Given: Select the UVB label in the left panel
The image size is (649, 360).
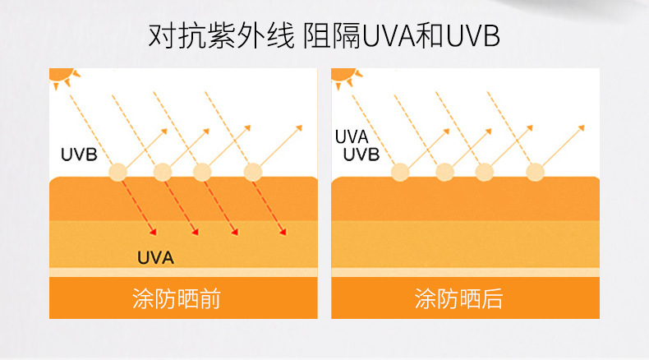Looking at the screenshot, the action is point(80,153).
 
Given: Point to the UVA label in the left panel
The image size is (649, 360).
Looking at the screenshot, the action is point(154,257).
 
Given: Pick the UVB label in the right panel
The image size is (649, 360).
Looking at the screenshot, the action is point(361,155).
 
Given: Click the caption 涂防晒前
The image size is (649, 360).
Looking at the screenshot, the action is point(177,298).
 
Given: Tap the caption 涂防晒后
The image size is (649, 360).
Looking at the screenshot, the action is point(458,298).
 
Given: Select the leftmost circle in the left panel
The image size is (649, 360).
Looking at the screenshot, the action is point(118,172).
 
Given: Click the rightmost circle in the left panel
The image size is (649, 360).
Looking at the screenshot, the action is point(252,172).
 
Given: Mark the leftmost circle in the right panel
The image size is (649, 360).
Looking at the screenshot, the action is point(400,172).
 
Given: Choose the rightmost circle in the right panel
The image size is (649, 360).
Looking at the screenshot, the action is point(535,172).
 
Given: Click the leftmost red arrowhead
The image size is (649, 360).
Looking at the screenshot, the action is point(153,233).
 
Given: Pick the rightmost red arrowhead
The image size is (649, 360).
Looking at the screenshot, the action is point(282,233).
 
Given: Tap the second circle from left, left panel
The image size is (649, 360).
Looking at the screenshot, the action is point(163,172).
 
